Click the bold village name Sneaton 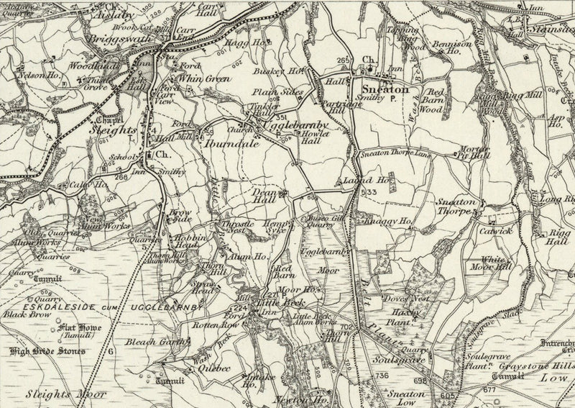pyautogui.click(x=390, y=90)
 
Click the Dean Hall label pyautogui.click(x=264, y=197)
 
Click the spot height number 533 pyautogui.click(x=369, y=192)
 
